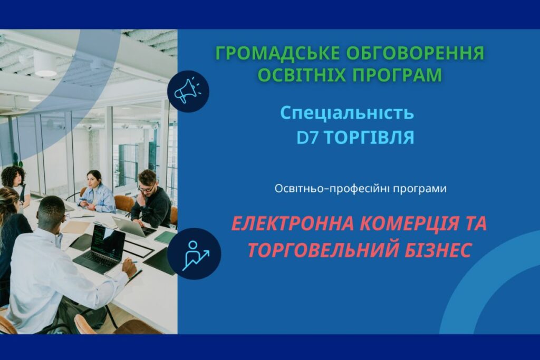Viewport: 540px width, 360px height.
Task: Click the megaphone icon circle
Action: tap(188, 91)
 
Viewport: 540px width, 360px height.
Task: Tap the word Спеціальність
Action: tap(347, 113)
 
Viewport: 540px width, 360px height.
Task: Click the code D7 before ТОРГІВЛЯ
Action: tap(307, 138)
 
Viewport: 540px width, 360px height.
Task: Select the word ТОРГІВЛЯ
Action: tap(369, 138)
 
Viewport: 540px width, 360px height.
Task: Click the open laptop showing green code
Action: tap(100, 248)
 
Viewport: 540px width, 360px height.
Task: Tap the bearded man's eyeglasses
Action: tap(146, 188)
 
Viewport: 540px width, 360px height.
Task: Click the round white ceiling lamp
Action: tap(45, 64)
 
